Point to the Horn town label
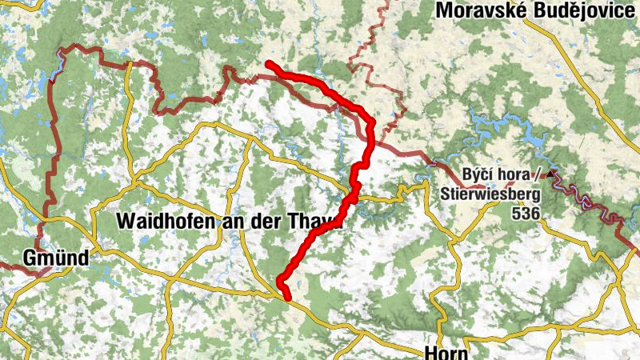tap(442, 353)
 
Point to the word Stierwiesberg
tap(490, 194)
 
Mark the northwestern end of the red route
tap(269, 64)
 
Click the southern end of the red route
tap(287, 298)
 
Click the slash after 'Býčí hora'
tap(542, 174)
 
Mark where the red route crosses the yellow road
tap(352, 197)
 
